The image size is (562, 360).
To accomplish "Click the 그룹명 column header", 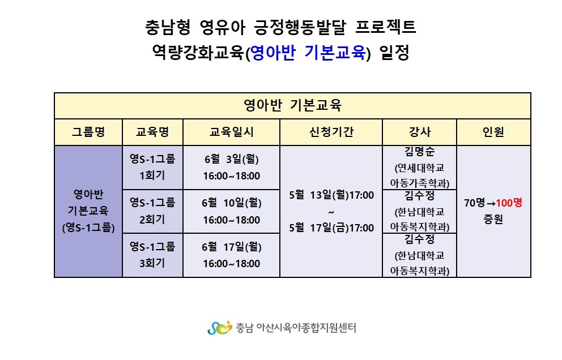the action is pyautogui.click(x=88, y=132).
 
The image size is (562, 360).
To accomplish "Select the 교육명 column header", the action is pyautogui.click(x=153, y=132).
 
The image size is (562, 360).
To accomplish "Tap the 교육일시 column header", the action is pyautogui.click(x=232, y=132).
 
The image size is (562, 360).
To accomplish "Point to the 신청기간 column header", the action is pyautogui.click(x=331, y=132).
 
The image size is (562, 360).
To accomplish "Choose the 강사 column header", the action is pyautogui.click(x=420, y=132).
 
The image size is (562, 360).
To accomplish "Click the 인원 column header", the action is pyautogui.click(x=493, y=132).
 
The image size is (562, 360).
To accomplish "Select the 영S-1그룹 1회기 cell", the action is pyautogui.click(x=153, y=168).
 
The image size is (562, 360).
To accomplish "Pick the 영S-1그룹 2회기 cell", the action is pyautogui.click(x=153, y=211).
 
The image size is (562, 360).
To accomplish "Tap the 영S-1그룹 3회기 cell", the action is pyautogui.click(x=153, y=255).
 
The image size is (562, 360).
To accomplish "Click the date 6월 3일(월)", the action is pyautogui.click(x=232, y=159).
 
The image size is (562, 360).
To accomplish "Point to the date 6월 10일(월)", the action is pyautogui.click(x=232, y=203).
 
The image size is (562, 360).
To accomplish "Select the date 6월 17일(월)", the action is pyautogui.click(x=232, y=247).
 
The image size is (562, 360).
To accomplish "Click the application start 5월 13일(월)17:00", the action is pyautogui.click(x=331, y=195).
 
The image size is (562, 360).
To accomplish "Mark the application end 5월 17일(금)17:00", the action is pyautogui.click(x=331, y=228).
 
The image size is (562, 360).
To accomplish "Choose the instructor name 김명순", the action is pyautogui.click(x=420, y=152).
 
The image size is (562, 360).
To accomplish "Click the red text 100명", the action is pyautogui.click(x=509, y=203).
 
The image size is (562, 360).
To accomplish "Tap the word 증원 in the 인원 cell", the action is pyautogui.click(x=493, y=219).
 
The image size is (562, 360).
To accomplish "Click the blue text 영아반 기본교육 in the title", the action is pyautogui.click(x=308, y=53).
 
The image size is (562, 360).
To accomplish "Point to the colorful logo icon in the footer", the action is pyautogui.click(x=219, y=328).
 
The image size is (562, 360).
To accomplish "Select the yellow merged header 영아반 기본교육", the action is pyautogui.click(x=292, y=106).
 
